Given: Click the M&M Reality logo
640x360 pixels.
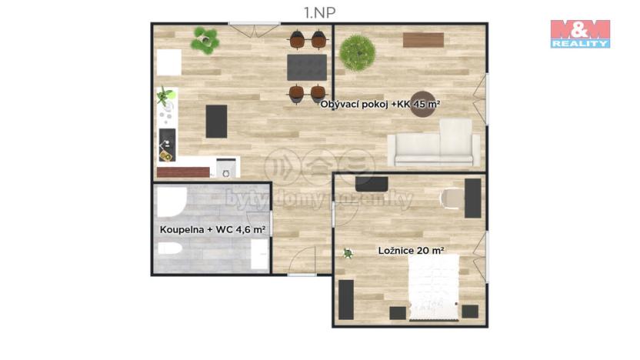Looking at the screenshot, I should coord(579,34).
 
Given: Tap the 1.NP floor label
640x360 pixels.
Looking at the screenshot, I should coord(319,11).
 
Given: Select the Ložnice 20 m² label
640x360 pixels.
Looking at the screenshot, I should coord(411,250).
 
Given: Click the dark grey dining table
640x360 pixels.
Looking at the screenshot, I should coord(307,67).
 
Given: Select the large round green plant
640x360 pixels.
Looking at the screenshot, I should coord(358,53).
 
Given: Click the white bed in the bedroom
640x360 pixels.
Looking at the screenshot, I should coord(434,287).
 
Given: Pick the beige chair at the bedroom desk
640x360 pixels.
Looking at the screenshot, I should coord(452,198).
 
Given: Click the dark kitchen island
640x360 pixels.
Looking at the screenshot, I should coord(217,121).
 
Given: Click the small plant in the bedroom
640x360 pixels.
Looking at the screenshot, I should coord(348,252).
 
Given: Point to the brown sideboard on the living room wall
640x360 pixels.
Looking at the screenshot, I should coord(423,40).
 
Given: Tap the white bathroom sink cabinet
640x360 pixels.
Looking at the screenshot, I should coord(259,254).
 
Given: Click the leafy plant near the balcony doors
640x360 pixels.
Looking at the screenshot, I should coord(205,40).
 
